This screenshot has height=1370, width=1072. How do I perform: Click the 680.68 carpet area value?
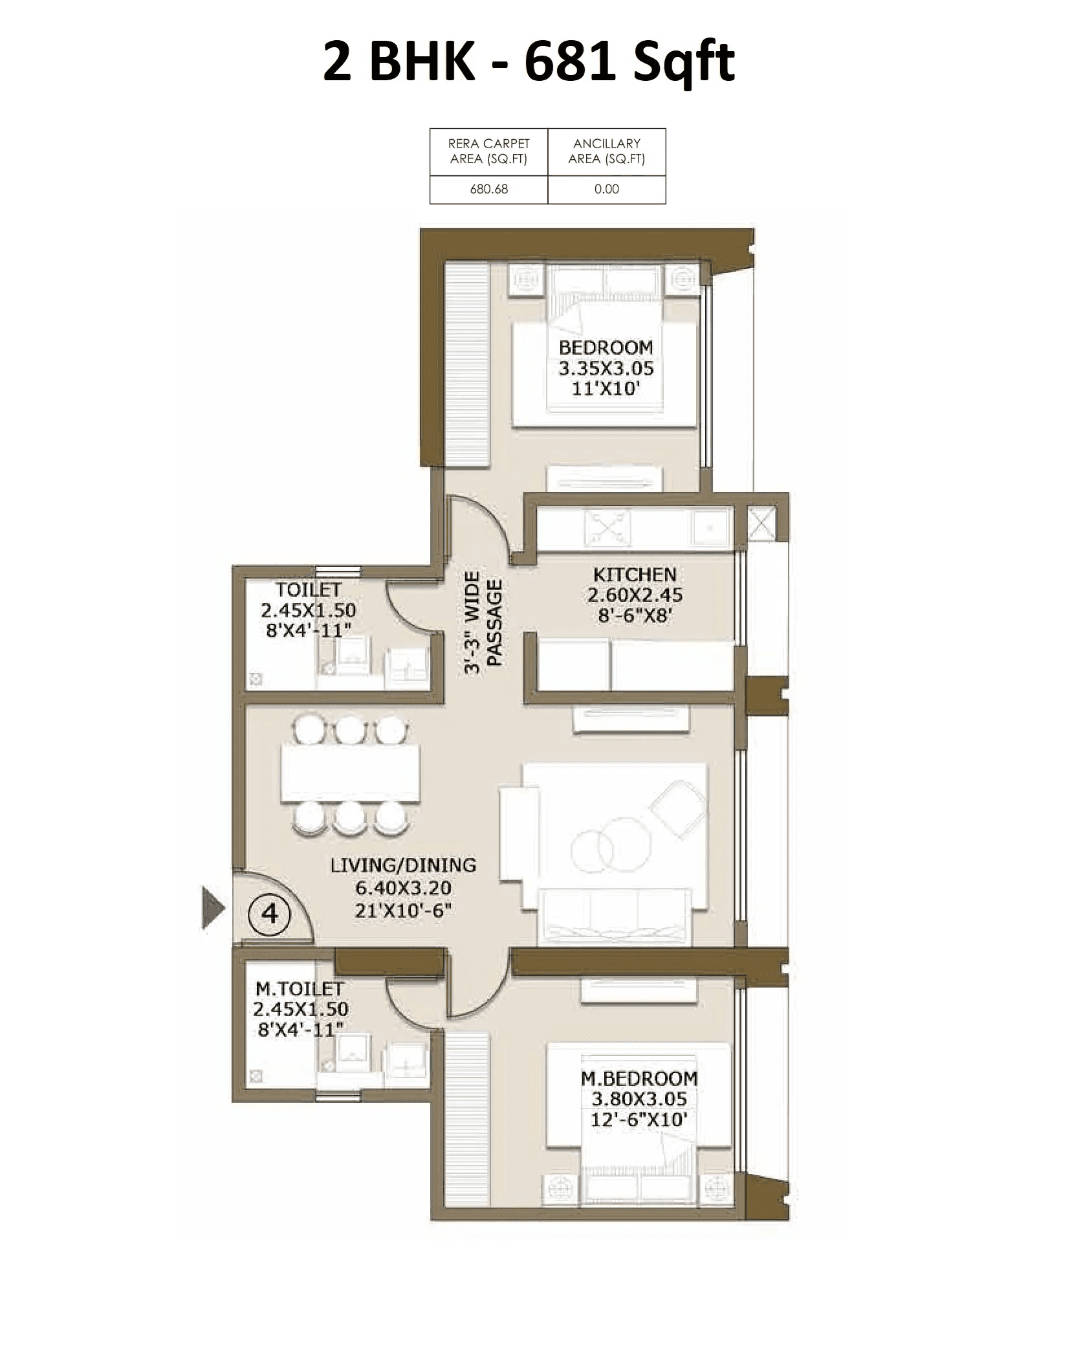488,189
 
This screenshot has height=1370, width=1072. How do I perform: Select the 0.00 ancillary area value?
606,189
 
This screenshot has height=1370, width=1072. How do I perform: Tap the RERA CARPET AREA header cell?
488,151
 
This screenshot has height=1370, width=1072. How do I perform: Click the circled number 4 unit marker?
269,913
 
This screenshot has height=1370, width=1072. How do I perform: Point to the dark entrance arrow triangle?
212,908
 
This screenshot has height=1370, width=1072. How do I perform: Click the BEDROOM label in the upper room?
606,347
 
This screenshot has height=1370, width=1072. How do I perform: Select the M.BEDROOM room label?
639,1078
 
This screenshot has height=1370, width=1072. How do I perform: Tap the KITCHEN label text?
635,574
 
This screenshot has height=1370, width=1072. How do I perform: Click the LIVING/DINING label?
403,865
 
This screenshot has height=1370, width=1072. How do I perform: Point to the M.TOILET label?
300,989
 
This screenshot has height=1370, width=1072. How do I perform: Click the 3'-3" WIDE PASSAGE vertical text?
483,623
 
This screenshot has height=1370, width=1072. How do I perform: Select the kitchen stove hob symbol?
607,527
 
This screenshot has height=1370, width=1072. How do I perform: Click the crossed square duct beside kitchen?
761,522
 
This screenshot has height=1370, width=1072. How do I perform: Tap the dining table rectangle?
350,773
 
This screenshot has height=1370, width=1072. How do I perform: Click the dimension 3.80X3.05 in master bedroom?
639,1099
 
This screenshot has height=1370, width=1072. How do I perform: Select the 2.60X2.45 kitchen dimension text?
635,595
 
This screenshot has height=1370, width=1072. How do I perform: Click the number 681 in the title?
569,61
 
